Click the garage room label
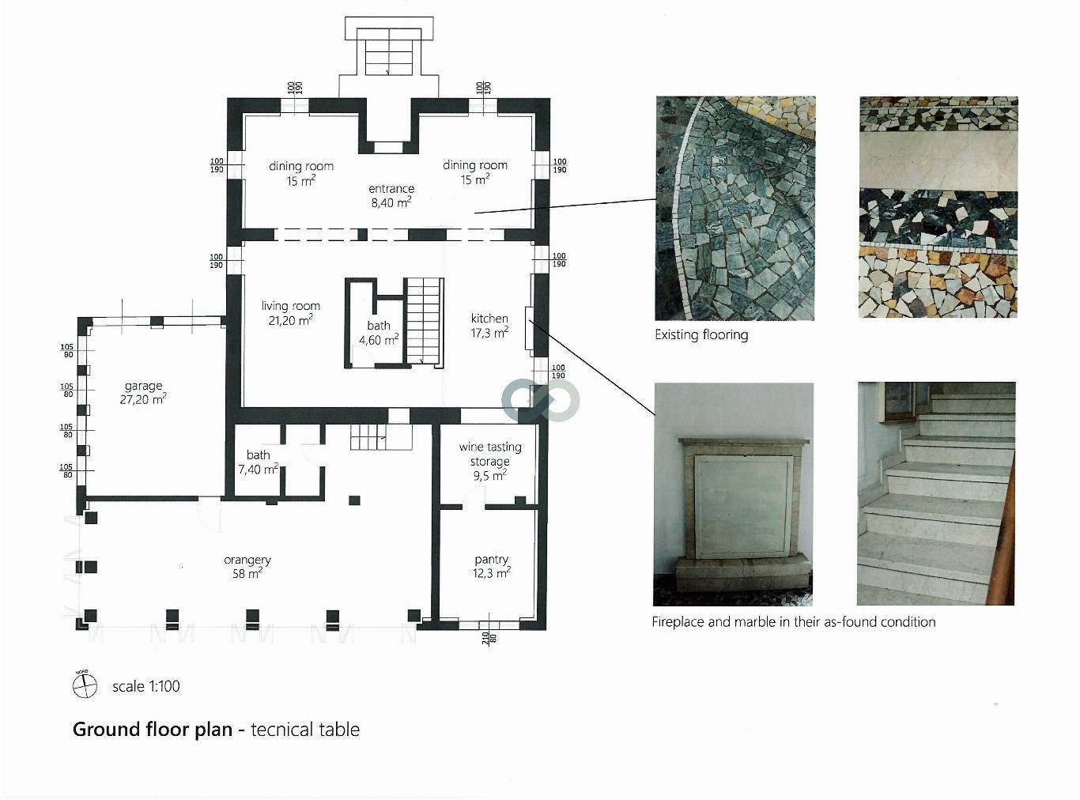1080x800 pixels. tap(143, 393)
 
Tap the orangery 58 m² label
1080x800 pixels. tap(247, 567)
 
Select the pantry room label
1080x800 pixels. tap(491, 566)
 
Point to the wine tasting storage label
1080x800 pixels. tap(490, 461)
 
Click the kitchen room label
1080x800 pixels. tap(489, 326)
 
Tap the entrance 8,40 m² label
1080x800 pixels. tap(391, 195)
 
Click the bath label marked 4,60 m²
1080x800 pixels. tap(379, 333)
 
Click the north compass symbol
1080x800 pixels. tap(85, 685)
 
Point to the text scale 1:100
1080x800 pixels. tap(146, 686)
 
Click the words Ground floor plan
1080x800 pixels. tap(153, 729)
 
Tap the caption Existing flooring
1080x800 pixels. tap(701, 334)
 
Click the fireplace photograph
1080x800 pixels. tap(733, 494)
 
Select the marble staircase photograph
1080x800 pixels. tap(936, 494)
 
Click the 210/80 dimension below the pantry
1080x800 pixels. tap(489, 637)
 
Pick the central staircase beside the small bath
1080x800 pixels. tap(425, 320)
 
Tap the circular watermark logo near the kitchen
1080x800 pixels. tap(541, 399)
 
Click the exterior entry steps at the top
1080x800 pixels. tap(388, 55)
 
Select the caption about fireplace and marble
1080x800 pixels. tap(793, 622)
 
